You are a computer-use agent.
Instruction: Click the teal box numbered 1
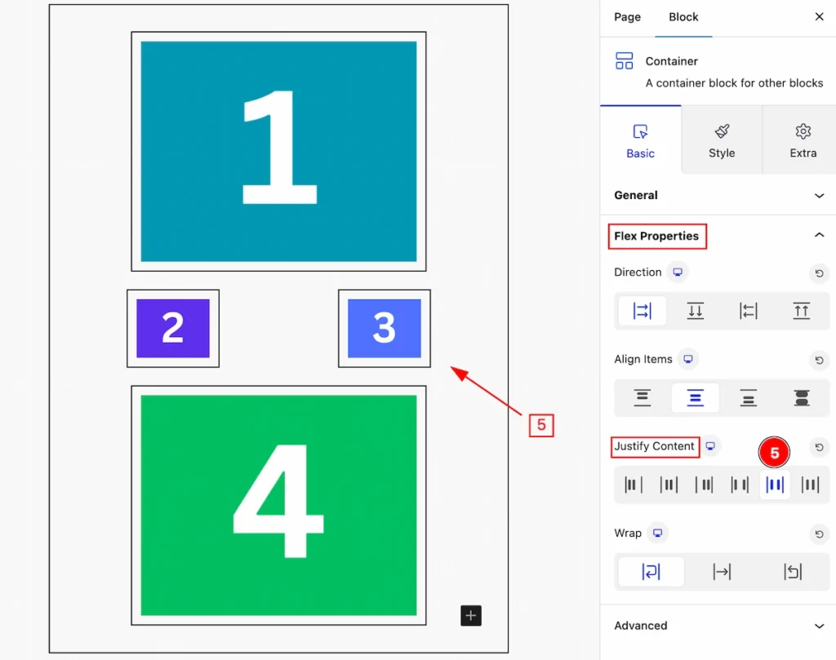pos(278,151)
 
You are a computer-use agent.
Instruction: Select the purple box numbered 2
pos(173,328)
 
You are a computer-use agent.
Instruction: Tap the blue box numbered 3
pos(385,328)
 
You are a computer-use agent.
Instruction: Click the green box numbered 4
pos(278,505)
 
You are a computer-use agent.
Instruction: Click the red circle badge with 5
pos(774,453)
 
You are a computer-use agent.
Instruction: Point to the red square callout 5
pos(541,425)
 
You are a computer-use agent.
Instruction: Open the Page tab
pos(627,17)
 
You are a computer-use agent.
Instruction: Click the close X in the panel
pos(820,16)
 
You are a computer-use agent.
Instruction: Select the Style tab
pos(722,140)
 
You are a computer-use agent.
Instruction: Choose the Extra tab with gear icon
pos(803,140)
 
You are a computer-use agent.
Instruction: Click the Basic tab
pos(640,140)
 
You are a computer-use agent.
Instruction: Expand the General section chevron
pos(819,196)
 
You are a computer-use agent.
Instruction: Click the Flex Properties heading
pos(656,236)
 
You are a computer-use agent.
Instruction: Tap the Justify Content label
pos(654,446)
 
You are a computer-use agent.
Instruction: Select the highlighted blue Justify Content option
pos(775,485)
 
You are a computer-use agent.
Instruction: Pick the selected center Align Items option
pos(696,398)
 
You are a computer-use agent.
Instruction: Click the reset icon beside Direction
pos(819,273)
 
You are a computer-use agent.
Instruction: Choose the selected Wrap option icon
pos(651,572)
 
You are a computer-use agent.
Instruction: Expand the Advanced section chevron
pos(819,626)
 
